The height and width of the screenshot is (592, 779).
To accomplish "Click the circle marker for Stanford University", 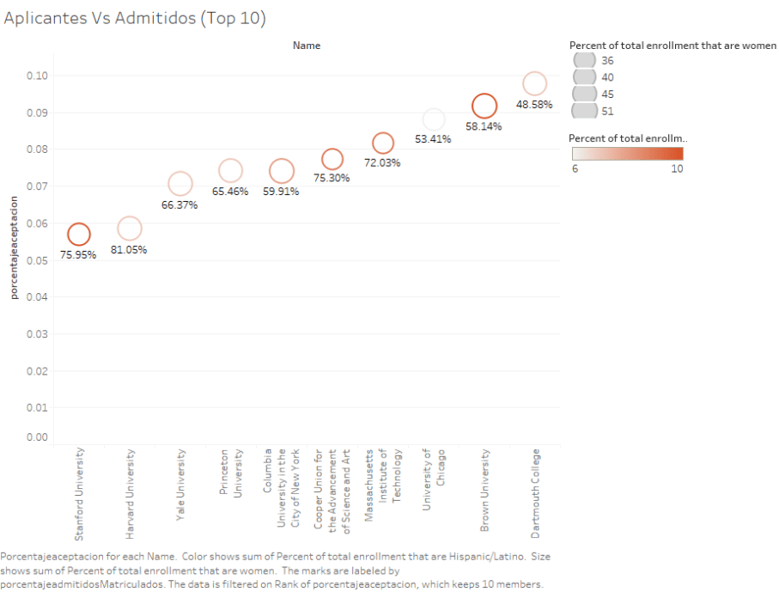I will (x=79, y=234).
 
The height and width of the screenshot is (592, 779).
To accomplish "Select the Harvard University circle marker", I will (x=129, y=229).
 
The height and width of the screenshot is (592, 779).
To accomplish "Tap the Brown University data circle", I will (x=484, y=106).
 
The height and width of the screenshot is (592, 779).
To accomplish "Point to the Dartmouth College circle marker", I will (x=534, y=83).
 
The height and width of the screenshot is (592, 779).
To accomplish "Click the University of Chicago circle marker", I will (x=434, y=119).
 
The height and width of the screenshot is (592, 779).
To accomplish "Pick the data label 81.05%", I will (x=129, y=250).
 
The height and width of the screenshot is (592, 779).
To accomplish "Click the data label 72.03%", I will (x=382, y=163).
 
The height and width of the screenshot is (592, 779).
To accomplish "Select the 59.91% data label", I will (x=281, y=192).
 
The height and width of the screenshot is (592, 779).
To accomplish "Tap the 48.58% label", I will (x=534, y=105).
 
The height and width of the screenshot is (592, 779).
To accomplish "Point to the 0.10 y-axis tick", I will (x=36, y=76).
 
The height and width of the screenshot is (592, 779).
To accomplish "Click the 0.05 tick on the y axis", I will (x=36, y=260).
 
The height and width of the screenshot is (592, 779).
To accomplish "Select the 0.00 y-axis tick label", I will (x=36, y=437).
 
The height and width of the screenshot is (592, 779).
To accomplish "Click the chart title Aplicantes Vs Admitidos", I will (x=135, y=18).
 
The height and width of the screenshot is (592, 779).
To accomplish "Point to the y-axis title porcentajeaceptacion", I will (x=14, y=247).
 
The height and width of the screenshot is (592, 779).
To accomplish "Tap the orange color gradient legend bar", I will (x=628, y=153).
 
